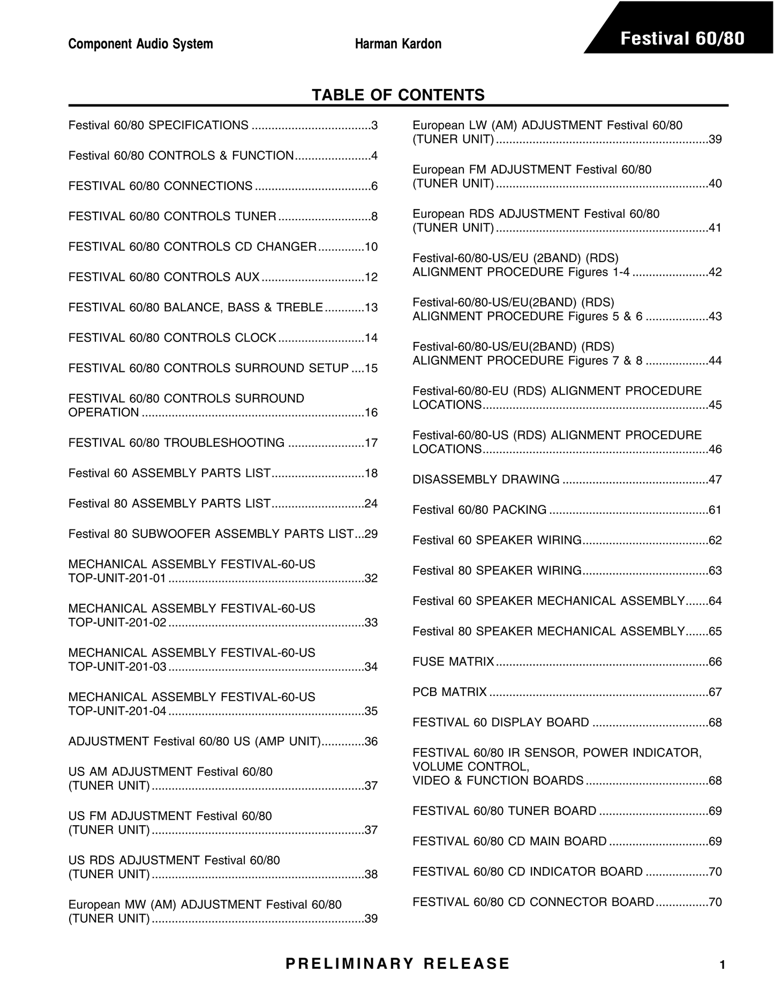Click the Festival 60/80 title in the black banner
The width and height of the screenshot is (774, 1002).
tap(682, 39)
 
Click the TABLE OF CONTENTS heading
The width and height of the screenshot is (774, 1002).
tap(398, 95)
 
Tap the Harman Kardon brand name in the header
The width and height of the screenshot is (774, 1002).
tap(398, 44)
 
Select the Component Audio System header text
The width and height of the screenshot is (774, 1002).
tap(140, 44)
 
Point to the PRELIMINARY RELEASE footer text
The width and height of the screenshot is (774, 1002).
tap(397, 964)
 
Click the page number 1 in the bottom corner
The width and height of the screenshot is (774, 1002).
tap(722, 965)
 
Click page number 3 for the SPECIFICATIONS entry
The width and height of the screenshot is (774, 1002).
tap(374, 125)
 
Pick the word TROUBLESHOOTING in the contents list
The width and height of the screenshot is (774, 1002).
tap(224, 443)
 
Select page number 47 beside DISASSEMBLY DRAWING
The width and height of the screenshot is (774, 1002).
tap(715, 480)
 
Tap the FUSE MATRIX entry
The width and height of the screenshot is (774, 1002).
tap(453, 662)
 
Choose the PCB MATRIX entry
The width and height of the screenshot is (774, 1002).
tap(449, 692)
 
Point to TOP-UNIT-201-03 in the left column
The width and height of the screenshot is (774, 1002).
tap(117, 667)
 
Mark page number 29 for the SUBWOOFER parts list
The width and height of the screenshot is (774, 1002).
tap(371, 534)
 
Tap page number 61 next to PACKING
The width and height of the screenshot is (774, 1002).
tap(715, 510)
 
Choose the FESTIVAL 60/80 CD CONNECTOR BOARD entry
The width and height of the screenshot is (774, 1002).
tap(533, 902)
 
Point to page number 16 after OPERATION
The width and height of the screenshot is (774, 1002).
tap(371, 413)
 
